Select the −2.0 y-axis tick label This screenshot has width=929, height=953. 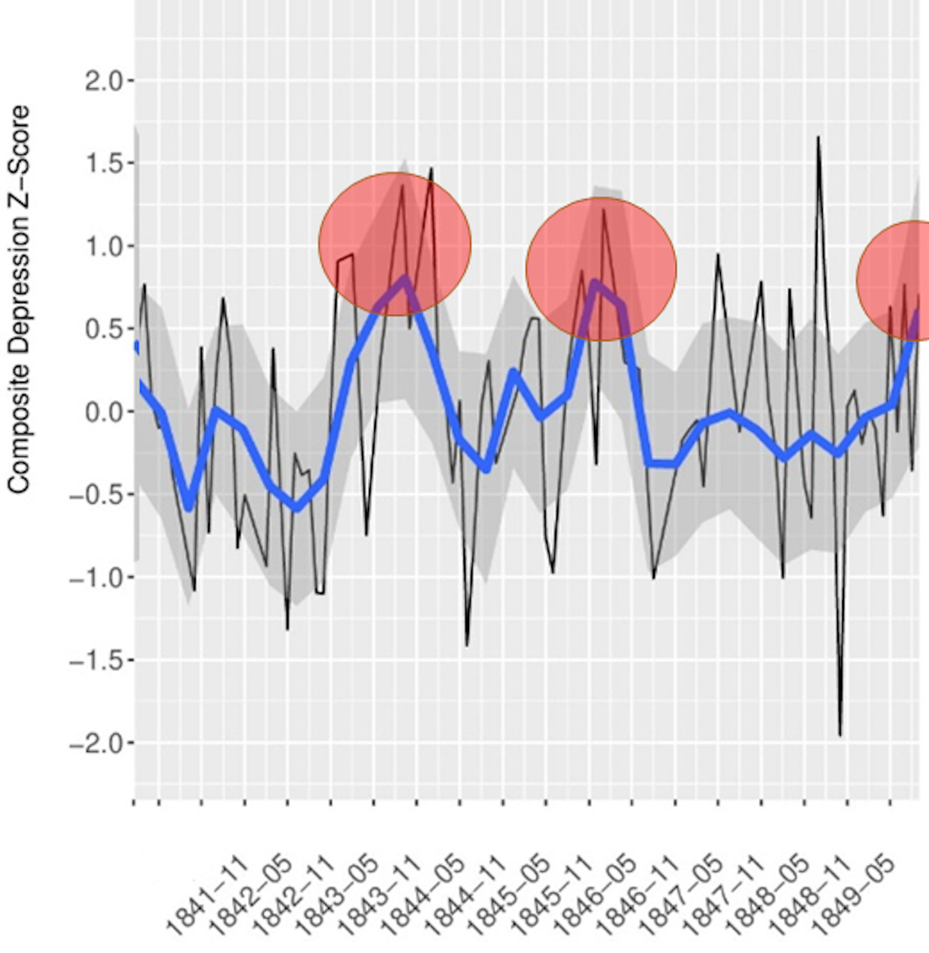coord(98,744)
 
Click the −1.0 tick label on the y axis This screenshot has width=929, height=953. coord(98,578)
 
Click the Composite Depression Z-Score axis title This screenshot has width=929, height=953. coord(20,300)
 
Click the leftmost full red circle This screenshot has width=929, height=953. coord(395,244)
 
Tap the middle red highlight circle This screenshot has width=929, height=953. coord(601,269)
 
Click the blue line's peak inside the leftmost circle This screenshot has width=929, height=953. coord(405,279)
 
